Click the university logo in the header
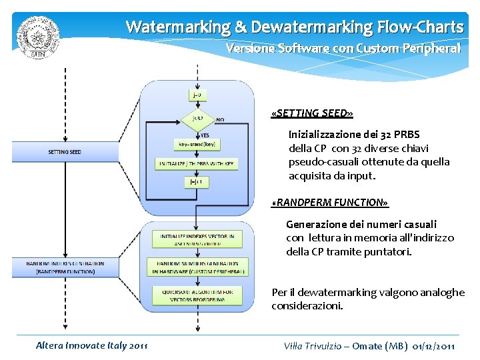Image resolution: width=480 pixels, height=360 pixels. coord(38,37)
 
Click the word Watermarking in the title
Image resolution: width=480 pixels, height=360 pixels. coord(177,27)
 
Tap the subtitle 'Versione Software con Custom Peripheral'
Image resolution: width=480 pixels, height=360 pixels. coord(343,49)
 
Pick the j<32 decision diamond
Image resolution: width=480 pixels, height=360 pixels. coord(197,119)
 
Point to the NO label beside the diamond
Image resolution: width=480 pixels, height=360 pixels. coord(220,120)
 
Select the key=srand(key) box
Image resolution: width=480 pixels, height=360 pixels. coord(197,144)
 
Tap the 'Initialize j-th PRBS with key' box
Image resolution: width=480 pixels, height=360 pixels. coord(197,163)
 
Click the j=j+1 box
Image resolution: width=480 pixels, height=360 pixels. coord(197,181)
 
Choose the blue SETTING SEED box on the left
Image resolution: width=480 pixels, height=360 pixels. coord(65,152)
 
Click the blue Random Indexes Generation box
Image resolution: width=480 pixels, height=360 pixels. coord(65,267)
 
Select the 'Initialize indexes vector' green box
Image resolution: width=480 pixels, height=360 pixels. coord(197,239)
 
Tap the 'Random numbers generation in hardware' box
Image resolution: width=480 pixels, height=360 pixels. coord(197,267)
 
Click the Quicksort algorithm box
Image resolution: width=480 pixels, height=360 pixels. coord(197,295)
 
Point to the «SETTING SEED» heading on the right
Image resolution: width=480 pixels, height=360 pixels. coord(312,114)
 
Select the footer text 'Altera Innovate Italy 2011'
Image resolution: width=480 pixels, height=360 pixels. coord(92,345)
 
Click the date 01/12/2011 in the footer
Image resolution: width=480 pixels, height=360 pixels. coord(434,345)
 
